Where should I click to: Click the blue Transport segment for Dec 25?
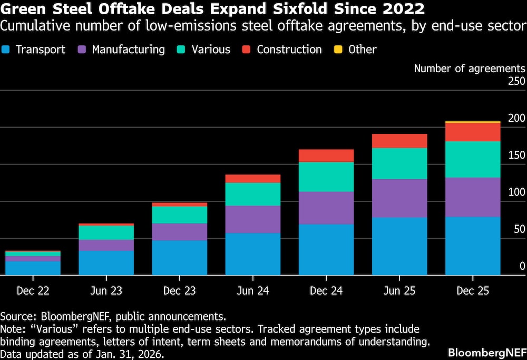click(x=473, y=246)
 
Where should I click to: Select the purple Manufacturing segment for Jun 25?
click(x=399, y=198)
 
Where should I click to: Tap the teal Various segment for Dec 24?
click(x=326, y=177)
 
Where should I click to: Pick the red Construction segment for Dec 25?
click(x=473, y=132)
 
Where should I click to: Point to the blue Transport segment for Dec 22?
click(x=33, y=268)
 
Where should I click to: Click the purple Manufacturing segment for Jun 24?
click(x=253, y=219)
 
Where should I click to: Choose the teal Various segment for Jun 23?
click(x=106, y=232)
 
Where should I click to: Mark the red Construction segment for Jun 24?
click(x=253, y=179)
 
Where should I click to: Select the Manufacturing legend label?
click(x=128, y=50)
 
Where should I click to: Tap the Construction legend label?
click(x=289, y=50)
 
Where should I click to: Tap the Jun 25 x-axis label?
click(x=399, y=290)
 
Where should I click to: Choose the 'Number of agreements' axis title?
click(x=469, y=68)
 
